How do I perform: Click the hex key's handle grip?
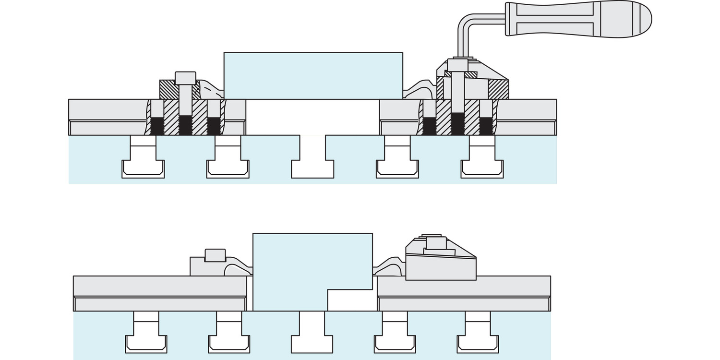pos(576,19)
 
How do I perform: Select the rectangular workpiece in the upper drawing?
pos(313,75)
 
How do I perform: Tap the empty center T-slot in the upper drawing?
pos(312,161)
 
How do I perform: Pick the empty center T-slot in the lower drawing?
pos(312,336)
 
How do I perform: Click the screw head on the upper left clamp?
pos(185,78)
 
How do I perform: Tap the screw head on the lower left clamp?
pos(215,255)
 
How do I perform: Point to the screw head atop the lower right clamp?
pos(436,243)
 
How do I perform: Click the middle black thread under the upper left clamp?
pos(185,125)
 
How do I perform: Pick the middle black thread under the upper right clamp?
pos(457,124)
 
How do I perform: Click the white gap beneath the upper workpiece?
pos(312,117)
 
